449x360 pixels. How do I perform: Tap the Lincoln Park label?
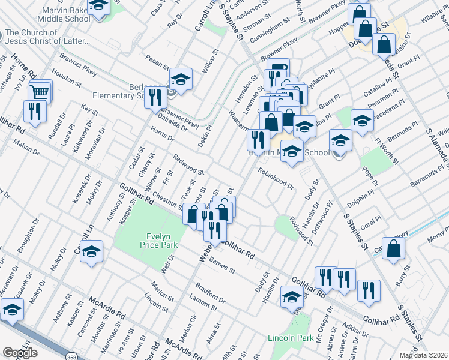(x=291, y=338)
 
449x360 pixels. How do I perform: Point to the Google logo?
(x=20, y=353)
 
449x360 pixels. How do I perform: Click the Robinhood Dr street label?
(x=276, y=178)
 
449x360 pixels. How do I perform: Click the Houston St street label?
(x=66, y=79)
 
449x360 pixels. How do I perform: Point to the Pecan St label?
(x=158, y=62)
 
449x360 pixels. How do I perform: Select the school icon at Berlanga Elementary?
(x=180, y=80)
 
